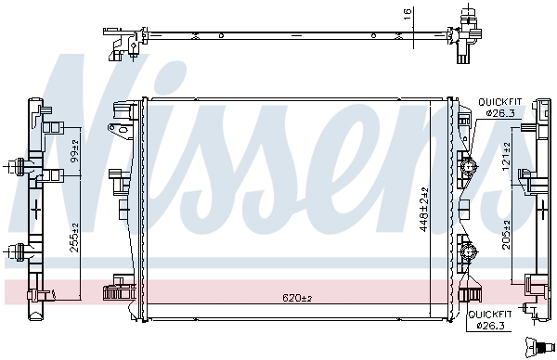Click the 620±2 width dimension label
[297, 298]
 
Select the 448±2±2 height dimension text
[422, 211]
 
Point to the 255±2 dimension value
[74, 241]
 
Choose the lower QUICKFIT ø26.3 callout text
[499, 320]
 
